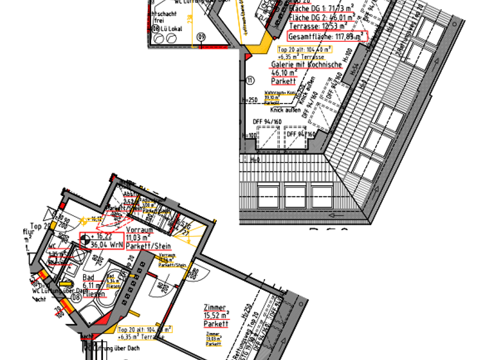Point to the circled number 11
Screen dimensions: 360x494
(x=250, y=80)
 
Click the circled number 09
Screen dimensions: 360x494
(x=201, y=38)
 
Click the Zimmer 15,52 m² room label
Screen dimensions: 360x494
(x=215, y=316)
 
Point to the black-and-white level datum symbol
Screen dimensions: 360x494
(x=86, y=241)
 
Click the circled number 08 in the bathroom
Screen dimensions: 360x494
(x=76, y=297)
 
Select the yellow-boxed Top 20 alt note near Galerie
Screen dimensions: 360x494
(x=304, y=52)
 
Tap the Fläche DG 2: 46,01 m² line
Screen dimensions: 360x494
(x=313, y=19)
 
